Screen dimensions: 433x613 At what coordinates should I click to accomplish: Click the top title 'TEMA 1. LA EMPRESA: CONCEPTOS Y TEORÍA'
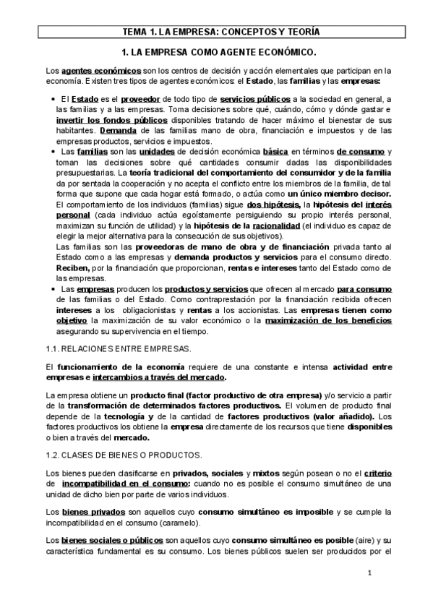point(216,32)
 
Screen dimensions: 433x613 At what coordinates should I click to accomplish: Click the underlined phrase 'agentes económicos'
point(101,71)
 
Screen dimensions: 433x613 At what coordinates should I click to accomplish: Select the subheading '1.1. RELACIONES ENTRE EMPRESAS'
point(119,348)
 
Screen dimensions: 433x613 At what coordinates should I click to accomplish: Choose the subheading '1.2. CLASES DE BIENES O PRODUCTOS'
point(124,454)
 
